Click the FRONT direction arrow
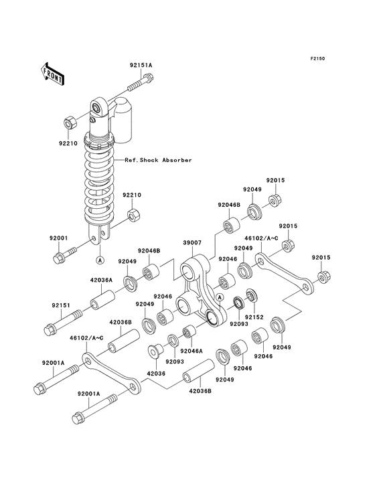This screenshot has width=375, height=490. tap(52, 74)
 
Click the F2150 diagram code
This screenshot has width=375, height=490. tap(317, 58)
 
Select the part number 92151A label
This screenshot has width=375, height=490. tap(141, 66)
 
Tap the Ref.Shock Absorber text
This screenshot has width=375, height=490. tap(158, 160)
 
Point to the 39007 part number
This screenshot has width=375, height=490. tap(192, 242)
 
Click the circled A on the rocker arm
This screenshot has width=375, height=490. tap(220, 297)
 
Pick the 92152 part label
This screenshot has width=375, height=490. tap(254, 317)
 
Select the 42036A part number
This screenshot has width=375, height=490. tap(101, 280)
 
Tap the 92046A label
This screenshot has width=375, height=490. tap(192, 351)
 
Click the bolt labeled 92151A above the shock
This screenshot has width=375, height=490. tap(141, 82)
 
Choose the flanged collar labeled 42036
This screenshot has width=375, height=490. tap(155, 351)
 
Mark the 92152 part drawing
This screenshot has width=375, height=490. tap(252, 295)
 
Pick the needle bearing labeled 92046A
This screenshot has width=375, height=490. tap(189, 332)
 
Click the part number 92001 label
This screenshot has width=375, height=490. tap(58, 238)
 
